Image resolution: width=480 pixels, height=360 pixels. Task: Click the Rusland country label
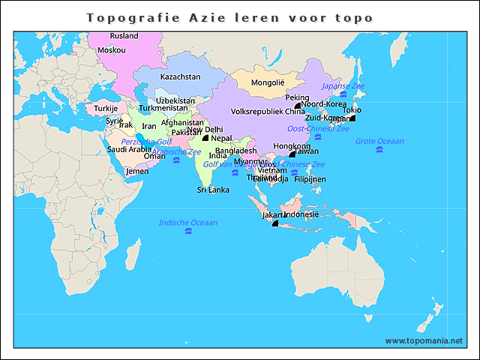[124, 35]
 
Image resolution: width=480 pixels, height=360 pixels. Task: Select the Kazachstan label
[181, 76]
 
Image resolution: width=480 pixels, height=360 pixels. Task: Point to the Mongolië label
[268, 82]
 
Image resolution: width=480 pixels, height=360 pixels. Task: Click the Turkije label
[106, 108]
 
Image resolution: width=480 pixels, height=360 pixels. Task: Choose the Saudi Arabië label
[129, 148]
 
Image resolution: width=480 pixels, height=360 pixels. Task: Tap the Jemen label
[137, 171]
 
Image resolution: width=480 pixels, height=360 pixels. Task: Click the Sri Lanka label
[213, 190]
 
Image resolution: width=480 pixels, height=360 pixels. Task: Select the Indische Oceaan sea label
[187, 222]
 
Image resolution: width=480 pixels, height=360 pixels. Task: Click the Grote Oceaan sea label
[379, 141]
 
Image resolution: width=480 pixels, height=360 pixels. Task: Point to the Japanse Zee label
[343, 86]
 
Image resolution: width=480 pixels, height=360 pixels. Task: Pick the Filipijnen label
[310, 179]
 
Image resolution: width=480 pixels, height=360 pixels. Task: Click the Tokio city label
[352, 110]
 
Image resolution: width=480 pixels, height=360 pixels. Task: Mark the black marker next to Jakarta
[275, 223]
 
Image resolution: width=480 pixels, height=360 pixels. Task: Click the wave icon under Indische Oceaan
[187, 232]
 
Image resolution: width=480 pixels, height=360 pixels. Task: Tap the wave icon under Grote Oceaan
[379, 151]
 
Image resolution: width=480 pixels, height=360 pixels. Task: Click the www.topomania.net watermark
[424, 340]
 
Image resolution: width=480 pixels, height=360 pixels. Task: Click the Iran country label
[149, 126]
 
